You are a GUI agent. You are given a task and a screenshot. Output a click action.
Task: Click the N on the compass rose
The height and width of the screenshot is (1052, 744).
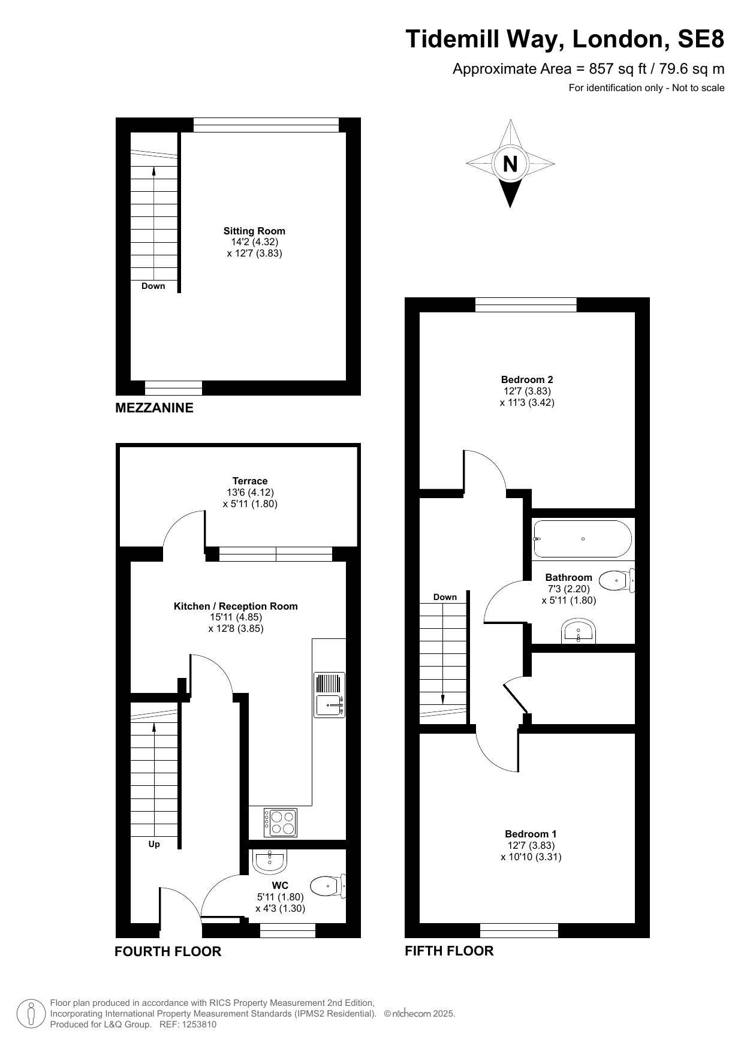pyautogui.click(x=510, y=164)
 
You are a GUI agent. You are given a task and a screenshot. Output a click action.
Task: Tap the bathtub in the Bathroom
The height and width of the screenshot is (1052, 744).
pyautogui.click(x=582, y=538)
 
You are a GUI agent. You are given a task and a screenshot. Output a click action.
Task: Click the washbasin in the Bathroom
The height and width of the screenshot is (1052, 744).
pyautogui.click(x=579, y=632)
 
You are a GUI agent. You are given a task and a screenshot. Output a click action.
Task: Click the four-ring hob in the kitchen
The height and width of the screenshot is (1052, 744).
pyautogui.click(x=281, y=822)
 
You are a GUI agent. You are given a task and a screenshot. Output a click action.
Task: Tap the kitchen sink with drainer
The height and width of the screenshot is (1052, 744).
pyautogui.click(x=330, y=695)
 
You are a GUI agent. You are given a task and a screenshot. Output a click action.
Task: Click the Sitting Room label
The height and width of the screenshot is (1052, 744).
pyautogui.click(x=254, y=231)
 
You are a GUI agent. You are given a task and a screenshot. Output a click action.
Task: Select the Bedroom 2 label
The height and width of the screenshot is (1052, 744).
pyautogui.click(x=527, y=379)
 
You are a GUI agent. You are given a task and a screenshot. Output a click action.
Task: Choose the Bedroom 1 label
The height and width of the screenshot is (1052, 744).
pyautogui.click(x=531, y=834)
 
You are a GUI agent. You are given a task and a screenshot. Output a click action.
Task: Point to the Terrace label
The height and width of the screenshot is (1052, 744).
pyautogui.click(x=250, y=481)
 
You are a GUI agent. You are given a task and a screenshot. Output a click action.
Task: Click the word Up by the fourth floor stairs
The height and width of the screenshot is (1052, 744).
pyautogui.click(x=154, y=844)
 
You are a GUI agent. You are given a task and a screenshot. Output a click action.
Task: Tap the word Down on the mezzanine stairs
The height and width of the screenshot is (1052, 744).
pyautogui.click(x=153, y=286)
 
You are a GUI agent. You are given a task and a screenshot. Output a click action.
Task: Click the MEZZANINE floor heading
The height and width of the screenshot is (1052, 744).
pyautogui.click(x=154, y=408)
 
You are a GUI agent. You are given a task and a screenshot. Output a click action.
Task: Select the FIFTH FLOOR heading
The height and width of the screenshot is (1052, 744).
pyautogui.click(x=449, y=951)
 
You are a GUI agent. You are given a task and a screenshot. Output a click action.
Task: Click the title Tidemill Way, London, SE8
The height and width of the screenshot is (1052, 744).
pyautogui.click(x=565, y=40)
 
